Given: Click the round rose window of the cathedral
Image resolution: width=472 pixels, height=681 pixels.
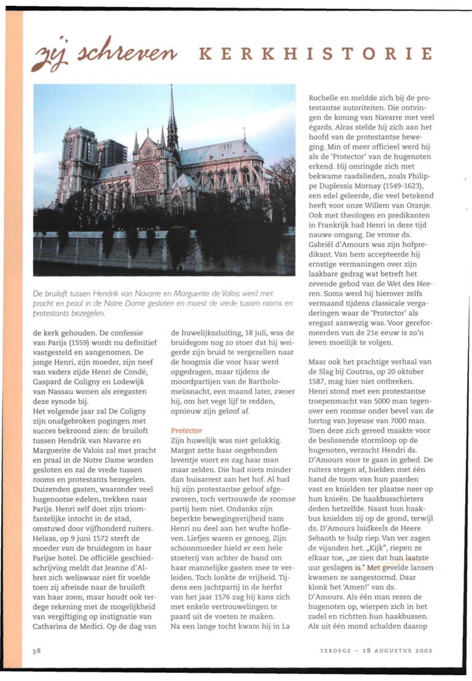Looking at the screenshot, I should tap(148, 177).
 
